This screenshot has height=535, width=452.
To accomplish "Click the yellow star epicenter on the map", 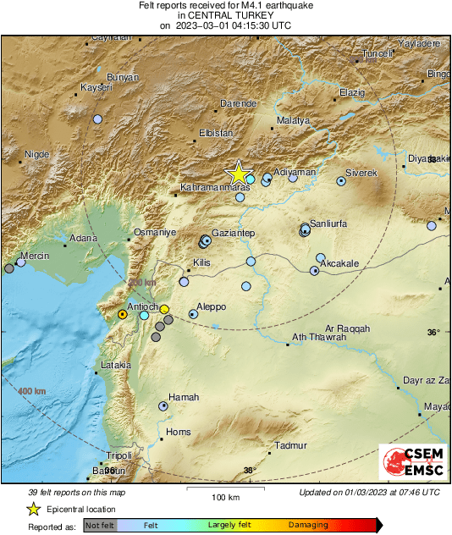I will [239, 174].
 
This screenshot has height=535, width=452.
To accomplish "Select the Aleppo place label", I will [211, 306].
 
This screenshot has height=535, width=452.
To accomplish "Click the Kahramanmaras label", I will [215, 187].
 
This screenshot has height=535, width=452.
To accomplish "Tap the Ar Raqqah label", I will [347, 328].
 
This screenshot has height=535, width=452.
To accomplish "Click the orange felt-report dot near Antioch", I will [122, 314].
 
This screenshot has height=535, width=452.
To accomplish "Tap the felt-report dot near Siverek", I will [341, 180].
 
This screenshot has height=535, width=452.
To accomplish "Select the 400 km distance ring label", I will [31, 390].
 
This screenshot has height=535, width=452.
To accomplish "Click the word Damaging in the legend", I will [308, 526].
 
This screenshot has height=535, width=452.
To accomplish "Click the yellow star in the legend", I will [33, 509].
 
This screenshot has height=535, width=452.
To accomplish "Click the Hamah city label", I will [184, 397].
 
